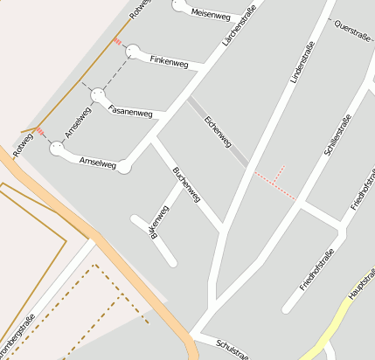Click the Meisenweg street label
(210, 15)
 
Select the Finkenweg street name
(169, 61)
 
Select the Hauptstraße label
(360, 285)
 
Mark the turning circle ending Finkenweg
(133, 52)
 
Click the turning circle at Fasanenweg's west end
(98, 94)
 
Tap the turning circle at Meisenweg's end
(180, 5)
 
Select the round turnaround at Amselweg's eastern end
(125, 165)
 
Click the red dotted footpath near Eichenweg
(274, 182)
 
